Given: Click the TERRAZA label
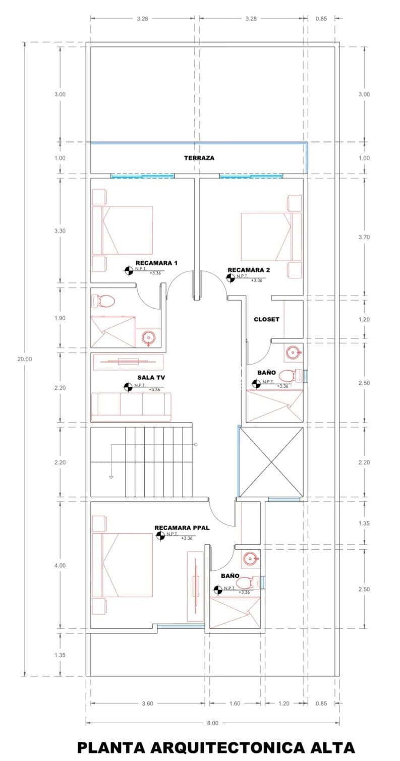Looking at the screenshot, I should point(199,158).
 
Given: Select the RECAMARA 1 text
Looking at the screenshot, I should point(156,263).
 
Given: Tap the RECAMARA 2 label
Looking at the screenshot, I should point(249,270).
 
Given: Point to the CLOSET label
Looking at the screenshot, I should point(266,319).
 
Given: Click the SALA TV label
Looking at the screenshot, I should point(150,377).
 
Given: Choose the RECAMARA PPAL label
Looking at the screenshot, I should point(182,528).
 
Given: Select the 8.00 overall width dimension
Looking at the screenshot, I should point(212,723).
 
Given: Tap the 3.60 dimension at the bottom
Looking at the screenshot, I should point(147,703).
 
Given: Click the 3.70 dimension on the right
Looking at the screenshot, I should point(364,237).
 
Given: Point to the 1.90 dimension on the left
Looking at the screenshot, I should point(60,318).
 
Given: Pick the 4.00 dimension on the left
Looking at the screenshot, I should point(60,565).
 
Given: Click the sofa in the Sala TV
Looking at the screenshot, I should point(131,406).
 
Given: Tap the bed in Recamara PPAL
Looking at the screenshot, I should point(123,564).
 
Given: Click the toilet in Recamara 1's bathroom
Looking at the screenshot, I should point(103,302).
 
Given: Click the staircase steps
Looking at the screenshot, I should point(159,461).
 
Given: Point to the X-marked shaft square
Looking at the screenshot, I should point(271,462).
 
